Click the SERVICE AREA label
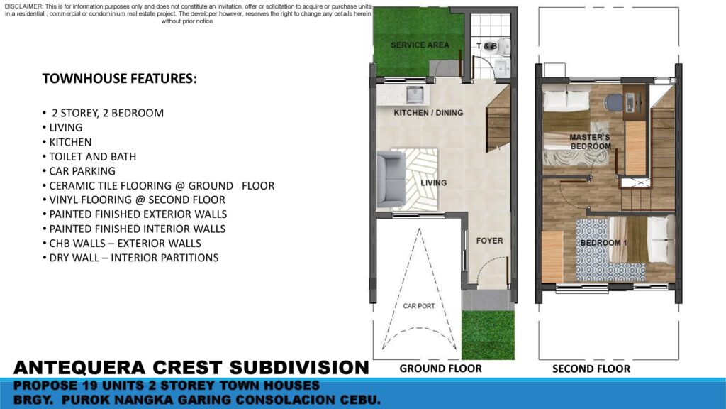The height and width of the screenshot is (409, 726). point(420,45)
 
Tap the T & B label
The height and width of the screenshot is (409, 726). point(486,46)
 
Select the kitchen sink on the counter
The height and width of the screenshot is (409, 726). point(414,94)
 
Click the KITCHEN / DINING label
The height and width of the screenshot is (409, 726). point(428,113)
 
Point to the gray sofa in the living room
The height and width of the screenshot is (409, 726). point(391,180)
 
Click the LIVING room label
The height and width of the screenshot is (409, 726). point(433,182)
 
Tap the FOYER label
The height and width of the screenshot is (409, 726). point(489,241)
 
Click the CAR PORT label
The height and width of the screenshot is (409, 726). point(419,306)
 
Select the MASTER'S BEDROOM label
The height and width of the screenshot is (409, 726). point(590,142)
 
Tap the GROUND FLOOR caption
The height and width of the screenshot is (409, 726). point(441,369)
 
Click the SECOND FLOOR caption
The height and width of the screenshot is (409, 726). point(591,369)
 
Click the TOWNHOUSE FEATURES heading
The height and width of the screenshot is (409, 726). point(119,79)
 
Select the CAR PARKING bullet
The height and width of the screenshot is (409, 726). point(79,171)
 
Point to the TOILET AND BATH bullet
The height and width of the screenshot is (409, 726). point(89,157)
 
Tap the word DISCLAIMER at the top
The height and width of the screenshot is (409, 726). point(23,6)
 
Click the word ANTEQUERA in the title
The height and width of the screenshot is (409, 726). point(79,368)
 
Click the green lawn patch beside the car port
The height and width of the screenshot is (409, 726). point(488,335)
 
